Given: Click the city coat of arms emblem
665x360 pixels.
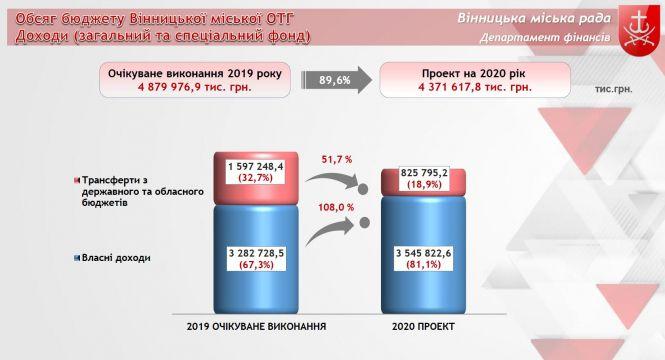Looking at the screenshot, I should click(x=642, y=24).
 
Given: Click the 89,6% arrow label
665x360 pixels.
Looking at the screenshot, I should click(x=335, y=80).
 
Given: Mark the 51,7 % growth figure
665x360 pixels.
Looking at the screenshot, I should click(x=337, y=159).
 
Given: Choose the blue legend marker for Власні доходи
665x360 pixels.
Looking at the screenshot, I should click(x=78, y=258).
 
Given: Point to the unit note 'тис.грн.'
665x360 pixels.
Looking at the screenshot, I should click(x=615, y=89).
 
